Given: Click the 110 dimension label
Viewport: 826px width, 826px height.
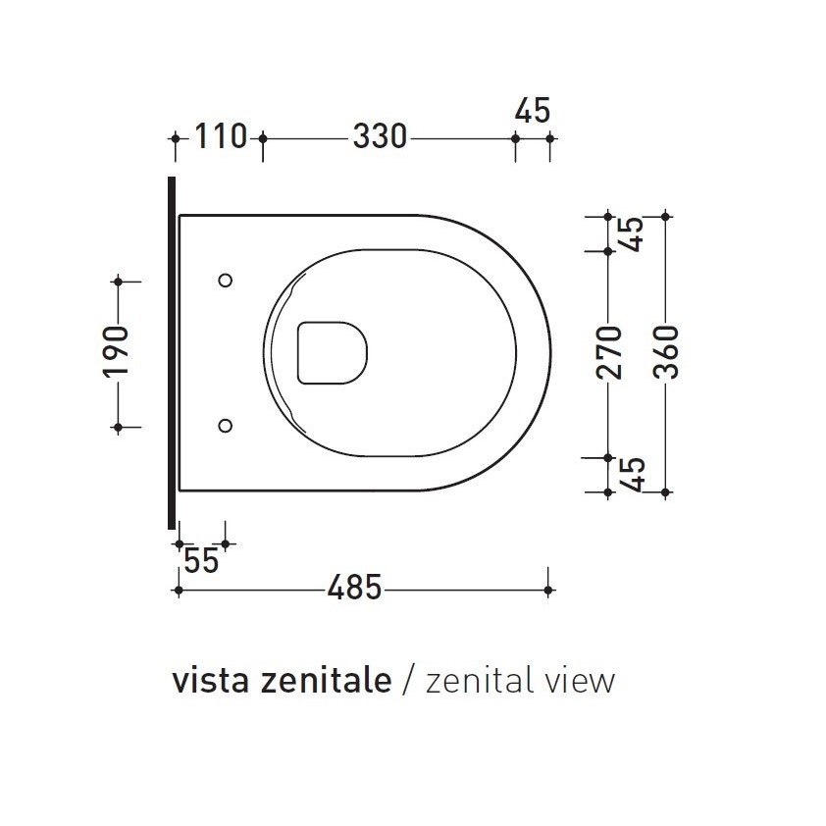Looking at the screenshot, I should [219, 137].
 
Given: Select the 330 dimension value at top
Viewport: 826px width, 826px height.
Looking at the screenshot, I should [379, 137].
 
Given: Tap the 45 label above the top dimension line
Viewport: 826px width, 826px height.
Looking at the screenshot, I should [532, 111].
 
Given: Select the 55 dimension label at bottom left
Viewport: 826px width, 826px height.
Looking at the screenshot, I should [201, 562].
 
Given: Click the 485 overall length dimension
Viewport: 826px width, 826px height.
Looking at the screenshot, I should [353, 589].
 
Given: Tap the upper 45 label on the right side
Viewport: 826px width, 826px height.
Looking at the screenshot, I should [633, 232].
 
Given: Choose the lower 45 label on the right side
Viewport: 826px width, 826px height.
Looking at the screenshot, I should [633, 474].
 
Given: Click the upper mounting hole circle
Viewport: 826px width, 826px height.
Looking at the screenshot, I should [226, 281].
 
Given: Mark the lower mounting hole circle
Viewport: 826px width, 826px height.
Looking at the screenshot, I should [226, 426].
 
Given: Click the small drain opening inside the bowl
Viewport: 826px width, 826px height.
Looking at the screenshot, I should [332, 351].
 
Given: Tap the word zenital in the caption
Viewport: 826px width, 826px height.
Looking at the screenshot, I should [474, 680].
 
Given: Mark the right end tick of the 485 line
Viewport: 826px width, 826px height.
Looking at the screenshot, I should [548, 590].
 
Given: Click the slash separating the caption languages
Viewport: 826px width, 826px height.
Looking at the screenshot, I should [410, 681].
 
